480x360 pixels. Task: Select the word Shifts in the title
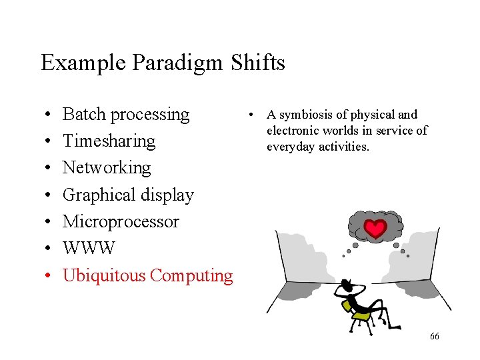[258, 63]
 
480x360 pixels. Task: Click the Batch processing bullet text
[126, 115]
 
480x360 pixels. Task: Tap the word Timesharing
[109, 141]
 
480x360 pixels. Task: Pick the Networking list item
[107, 167]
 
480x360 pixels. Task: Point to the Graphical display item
[128, 195]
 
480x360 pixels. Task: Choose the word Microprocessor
[121, 221]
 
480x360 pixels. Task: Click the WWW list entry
[89, 249]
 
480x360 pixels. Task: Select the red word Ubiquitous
[104, 275]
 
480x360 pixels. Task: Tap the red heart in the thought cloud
[376, 229]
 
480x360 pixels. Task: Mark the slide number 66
[434, 337]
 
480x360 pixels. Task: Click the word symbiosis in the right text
[311, 115]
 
